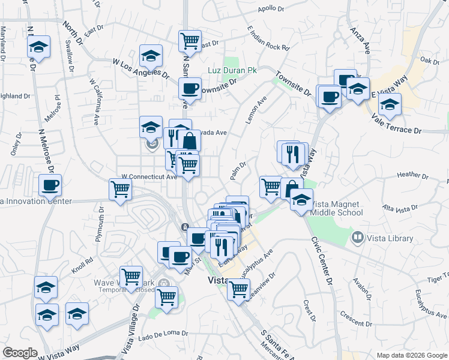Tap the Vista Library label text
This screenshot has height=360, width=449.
[391, 238]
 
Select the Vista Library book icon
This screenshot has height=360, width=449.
[358, 238]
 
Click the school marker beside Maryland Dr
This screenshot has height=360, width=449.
[38, 48]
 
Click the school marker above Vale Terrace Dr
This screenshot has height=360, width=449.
[390, 104]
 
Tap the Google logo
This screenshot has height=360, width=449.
[20, 353]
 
